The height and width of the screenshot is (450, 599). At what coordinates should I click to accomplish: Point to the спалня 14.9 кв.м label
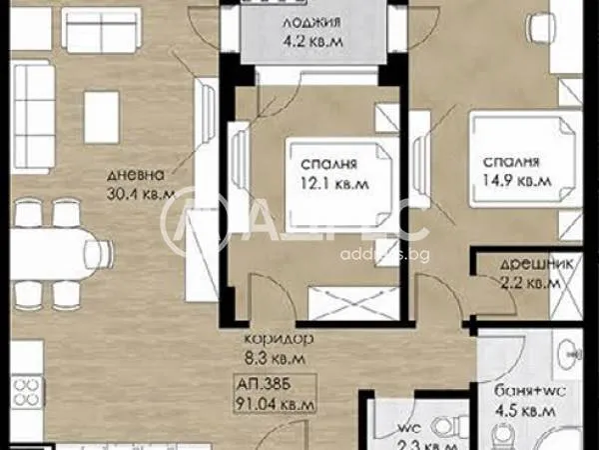click(x=512, y=172)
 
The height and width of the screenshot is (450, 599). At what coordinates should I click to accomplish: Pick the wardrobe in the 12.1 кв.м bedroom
click(x=342, y=299)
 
